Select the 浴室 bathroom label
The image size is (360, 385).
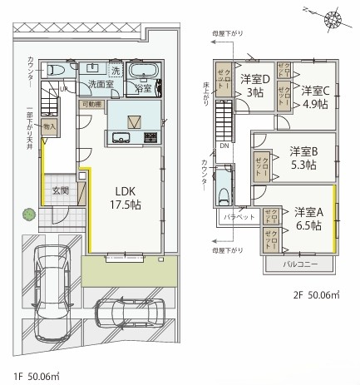[143, 87]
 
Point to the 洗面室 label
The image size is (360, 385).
[101, 84]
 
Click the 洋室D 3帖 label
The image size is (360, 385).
[253, 86]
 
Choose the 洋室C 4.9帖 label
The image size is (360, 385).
[315, 96]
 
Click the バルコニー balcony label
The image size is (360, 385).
[299, 264]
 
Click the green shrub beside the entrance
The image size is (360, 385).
[30, 215]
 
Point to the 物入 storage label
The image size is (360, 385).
[50, 126]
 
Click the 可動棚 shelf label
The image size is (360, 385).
[91, 104]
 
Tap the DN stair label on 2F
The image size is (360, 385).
[224, 144]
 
